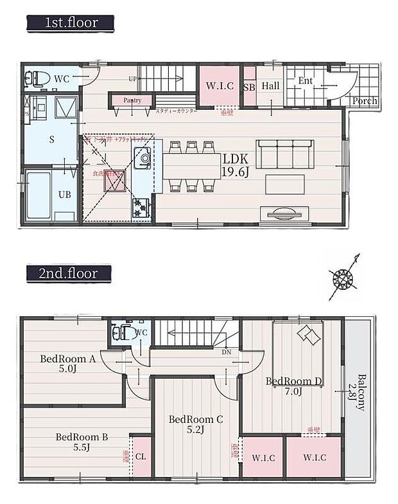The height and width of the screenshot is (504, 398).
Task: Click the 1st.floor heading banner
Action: (70, 23)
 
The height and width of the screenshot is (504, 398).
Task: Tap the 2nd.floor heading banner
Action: (67, 273)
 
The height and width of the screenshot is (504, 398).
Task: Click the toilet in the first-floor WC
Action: (38, 78)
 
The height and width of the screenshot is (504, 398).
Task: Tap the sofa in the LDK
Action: (285, 154)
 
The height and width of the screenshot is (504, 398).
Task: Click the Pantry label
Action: (134, 100)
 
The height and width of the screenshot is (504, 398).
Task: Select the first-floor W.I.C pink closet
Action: (218, 86)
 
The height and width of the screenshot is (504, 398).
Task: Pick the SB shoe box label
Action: (249, 86)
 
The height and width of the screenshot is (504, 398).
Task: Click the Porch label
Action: (365, 101)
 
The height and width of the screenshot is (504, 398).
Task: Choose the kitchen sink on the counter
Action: (142, 157)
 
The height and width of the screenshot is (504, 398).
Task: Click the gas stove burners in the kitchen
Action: (141, 207)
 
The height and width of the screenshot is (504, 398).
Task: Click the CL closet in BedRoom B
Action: (141, 457)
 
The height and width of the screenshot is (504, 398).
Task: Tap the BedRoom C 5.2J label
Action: (196, 424)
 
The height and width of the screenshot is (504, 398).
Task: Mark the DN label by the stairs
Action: (227, 353)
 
